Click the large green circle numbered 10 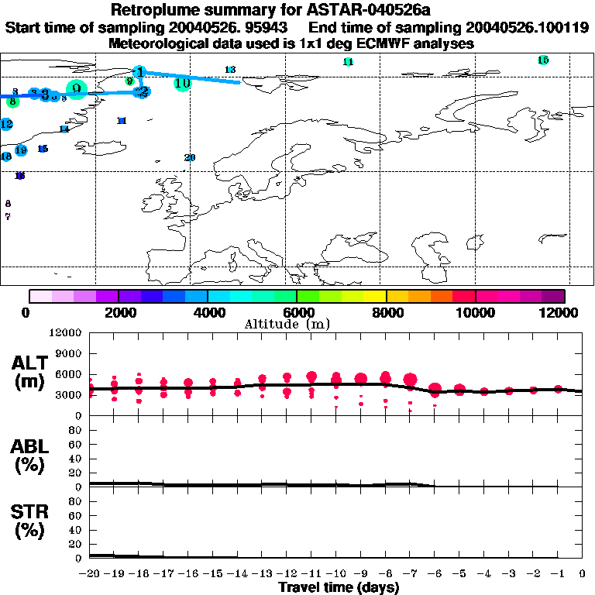182,83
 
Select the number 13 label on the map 230,70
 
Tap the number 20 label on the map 190,157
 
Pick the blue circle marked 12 6,124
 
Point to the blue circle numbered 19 21,150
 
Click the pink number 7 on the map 8,217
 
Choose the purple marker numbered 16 20,176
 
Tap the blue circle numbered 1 139,72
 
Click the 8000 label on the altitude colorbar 385,312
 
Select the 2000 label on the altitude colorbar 118,312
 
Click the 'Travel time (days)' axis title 339,588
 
